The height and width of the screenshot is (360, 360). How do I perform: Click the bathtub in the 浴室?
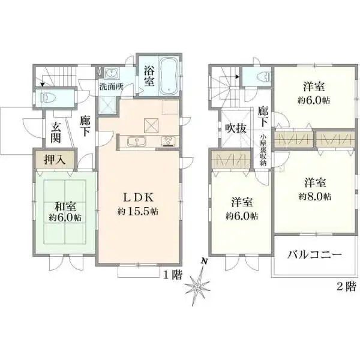point(169,76)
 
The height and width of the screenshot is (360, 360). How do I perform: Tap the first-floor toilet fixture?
point(48,98)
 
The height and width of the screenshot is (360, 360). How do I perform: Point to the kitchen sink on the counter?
point(137,141)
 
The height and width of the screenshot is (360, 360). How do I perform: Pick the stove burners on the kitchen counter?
point(169,141)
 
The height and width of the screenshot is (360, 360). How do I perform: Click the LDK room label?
point(138,197)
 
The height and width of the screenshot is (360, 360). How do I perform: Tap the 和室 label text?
point(65,206)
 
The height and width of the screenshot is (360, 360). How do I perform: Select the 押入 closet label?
point(55,160)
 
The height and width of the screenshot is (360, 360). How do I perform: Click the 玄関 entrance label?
point(56,133)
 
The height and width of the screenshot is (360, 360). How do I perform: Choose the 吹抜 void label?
point(236,128)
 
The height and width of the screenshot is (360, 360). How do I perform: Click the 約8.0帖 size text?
point(315,197)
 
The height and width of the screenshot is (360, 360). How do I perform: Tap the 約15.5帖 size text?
point(138,211)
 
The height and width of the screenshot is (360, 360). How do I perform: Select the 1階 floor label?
point(173,275)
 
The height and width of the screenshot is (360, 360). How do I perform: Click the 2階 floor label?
point(346,286)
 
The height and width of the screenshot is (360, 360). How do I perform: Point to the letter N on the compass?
point(204,261)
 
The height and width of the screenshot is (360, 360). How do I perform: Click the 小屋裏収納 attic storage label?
point(263,150)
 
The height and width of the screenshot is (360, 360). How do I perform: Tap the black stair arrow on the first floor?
point(42,85)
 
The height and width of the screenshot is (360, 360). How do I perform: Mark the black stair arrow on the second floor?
point(238,77)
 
